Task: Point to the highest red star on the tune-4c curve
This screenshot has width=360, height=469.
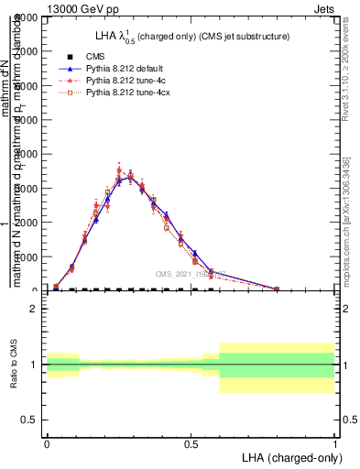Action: pos(119,170)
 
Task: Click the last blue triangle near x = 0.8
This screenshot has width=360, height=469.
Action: pos(277,289)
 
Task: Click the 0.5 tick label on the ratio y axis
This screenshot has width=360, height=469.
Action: pos(28,420)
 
